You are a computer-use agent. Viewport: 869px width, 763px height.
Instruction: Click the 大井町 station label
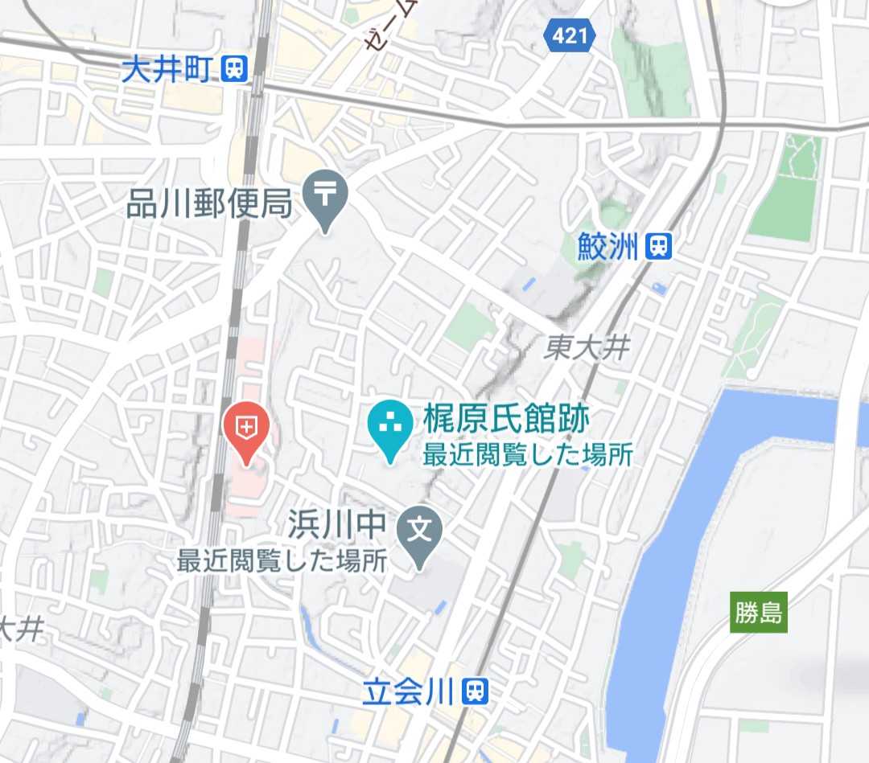[166, 70]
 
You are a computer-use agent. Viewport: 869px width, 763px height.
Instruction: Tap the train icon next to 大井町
[236, 69]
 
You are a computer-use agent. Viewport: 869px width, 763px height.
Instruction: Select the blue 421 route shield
[570, 35]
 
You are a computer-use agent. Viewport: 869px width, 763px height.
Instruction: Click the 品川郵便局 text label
[208, 206]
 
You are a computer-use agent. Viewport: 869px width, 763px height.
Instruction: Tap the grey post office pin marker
[326, 196]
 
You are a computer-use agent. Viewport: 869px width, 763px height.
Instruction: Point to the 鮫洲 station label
[607, 247]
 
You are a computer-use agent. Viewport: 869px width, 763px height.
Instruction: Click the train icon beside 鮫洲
[658, 247]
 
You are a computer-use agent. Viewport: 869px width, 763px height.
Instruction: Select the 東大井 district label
[586, 347]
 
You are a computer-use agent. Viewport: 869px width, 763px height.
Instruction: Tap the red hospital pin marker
[246, 429]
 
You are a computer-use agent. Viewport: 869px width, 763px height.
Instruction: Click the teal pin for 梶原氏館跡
[389, 426]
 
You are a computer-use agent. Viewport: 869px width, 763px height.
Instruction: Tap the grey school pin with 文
[421, 532]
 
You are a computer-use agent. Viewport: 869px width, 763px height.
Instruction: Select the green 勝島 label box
[758, 613]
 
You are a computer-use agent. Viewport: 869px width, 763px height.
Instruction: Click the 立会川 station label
[409, 691]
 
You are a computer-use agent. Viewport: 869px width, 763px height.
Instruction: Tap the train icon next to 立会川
[476, 691]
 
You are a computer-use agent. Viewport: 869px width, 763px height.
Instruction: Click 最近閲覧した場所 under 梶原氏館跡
[528, 456]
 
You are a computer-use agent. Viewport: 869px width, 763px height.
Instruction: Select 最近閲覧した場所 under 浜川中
[282, 560]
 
